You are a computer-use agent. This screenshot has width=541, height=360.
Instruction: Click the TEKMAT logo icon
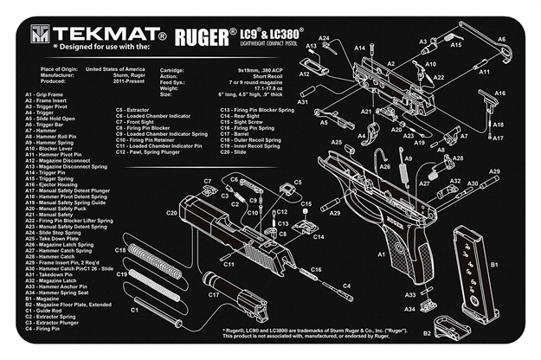(x=40, y=34)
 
